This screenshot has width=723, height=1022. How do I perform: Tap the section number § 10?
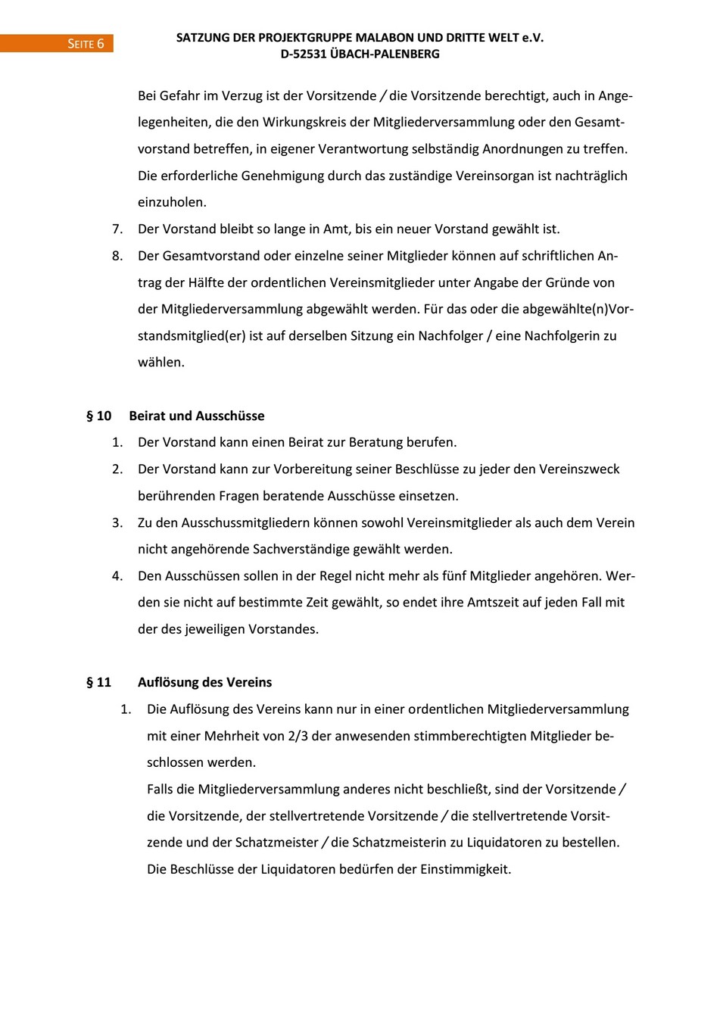pos(99,416)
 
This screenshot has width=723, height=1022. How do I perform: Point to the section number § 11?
pos(99,682)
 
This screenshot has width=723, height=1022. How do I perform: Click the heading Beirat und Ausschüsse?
pos(197,416)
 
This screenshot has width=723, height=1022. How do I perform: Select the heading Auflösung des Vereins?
pos(204,682)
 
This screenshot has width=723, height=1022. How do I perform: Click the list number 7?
pos(117,229)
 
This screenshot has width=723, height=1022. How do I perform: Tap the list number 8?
pos(117,256)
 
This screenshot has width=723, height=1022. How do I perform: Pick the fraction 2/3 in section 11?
pos(298,736)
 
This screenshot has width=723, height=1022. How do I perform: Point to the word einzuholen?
pos(172,202)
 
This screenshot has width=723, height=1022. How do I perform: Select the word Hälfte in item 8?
pos(207,282)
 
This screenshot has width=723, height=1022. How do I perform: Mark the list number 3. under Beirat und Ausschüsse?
pos(117,522)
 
